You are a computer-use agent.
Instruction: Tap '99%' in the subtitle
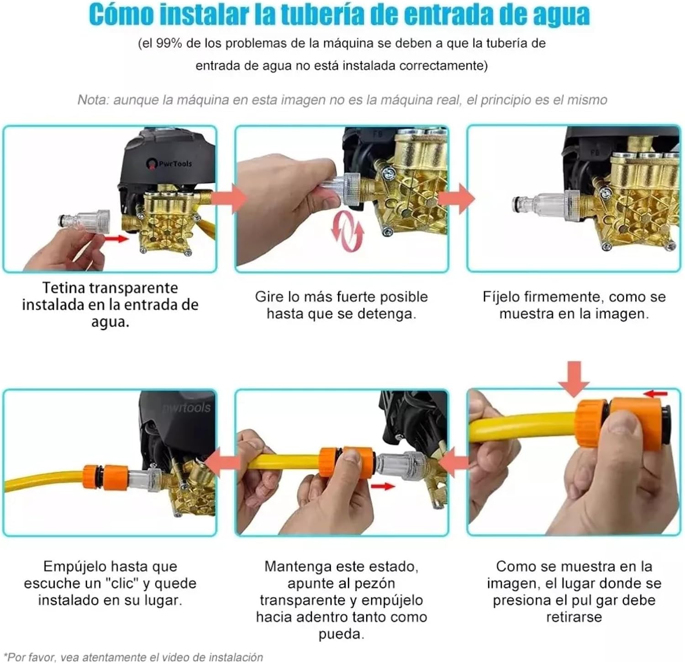169,43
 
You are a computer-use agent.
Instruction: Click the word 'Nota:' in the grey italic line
93,100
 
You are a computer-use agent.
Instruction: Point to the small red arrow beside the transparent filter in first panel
116,238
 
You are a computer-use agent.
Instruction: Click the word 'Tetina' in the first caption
63,288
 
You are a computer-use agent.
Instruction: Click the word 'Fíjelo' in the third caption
501,297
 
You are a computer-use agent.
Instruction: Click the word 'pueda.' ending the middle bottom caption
341,634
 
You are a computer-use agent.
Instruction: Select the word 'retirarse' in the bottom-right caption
574,617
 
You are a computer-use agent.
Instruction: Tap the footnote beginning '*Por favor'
135,657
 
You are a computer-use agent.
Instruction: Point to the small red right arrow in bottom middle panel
383,487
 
